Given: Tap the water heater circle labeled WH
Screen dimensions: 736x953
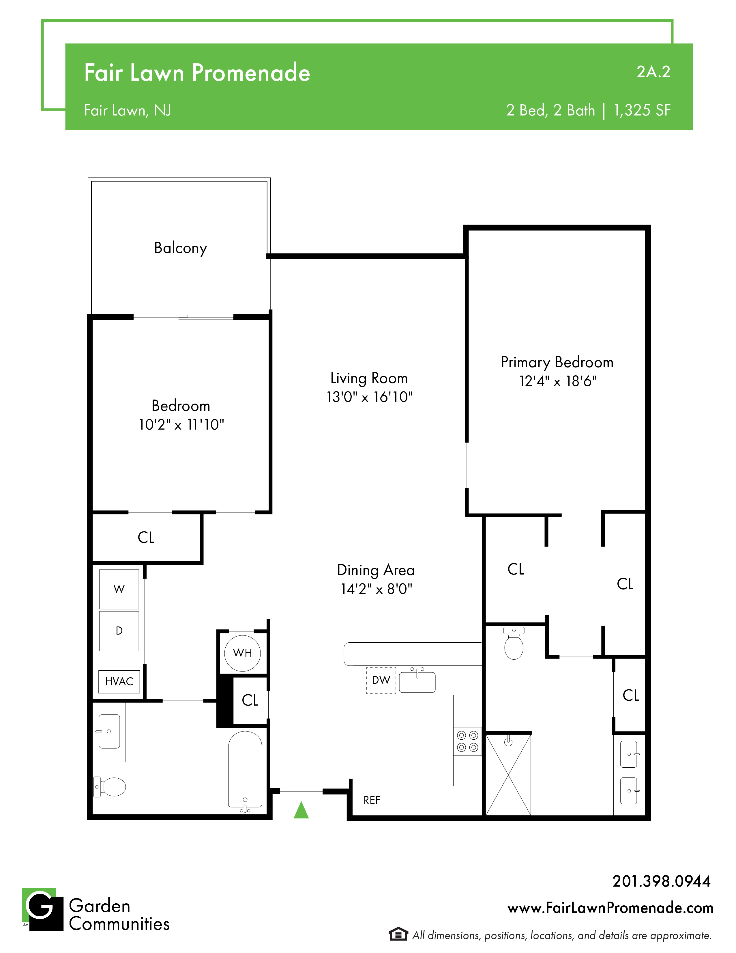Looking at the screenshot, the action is pyautogui.click(x=242, y=653).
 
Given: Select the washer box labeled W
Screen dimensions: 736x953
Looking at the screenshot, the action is pyautogui.click(x=119, y=589).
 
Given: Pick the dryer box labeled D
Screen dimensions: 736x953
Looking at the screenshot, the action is pyautogui.click(x=119, y=631).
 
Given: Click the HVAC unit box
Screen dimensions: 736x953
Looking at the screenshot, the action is pyautogui.click(x=119, y=682).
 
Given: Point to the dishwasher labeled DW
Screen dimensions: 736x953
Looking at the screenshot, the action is pyautogui.click(x=381, y=680).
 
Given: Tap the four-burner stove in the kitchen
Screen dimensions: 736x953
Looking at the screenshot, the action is pyautogui.click(x=467, y=741).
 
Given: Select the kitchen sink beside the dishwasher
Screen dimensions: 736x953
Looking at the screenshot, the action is pyautogui.click(x=417, y=681).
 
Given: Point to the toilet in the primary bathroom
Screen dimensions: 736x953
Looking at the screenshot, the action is pyautogui.click(x=514, y=643).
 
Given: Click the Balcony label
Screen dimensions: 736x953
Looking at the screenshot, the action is pyautogui.click(x=181, y=248).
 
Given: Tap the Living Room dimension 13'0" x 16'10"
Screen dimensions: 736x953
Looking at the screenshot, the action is pyautogui.click(x=370, y=397).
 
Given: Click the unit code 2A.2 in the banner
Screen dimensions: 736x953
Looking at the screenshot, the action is pyautogui.click(x=653, y=72).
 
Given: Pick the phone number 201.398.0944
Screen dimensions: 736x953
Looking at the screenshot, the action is pyautogui.click(x=662, y=881).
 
